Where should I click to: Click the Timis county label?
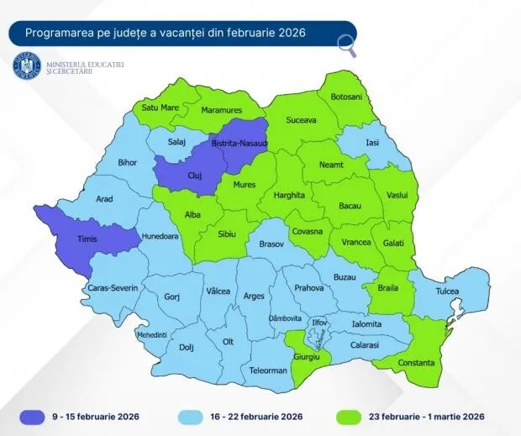point(88,239)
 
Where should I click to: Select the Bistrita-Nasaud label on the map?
point(239,144)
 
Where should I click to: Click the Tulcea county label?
point(448,292)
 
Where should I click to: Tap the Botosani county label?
point(347,97)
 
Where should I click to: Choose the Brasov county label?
point(271,244)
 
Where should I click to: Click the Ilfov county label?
point(318,321)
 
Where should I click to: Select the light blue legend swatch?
point(197,415)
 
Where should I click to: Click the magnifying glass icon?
point(345,46)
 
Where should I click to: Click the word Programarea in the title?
point(58,33)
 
